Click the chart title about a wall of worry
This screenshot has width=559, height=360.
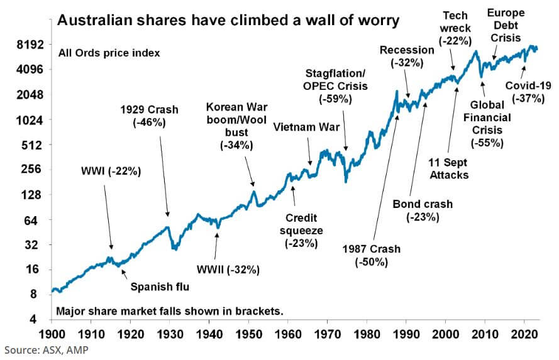[x=228, y=21]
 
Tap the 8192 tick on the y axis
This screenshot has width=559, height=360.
[x=28, y=45]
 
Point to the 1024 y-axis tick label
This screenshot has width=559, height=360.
[x=28, y=120]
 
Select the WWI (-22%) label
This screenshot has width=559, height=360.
[x=111, y=171]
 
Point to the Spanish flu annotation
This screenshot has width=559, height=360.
[x=160, y=288]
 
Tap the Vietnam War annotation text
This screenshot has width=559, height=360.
[x=307, y=128]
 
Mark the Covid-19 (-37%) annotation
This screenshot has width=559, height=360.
[x=528, y=92]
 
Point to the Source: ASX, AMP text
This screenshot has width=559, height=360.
[x=42, y=350]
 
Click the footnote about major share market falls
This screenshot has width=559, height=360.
[x=170, y=311]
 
